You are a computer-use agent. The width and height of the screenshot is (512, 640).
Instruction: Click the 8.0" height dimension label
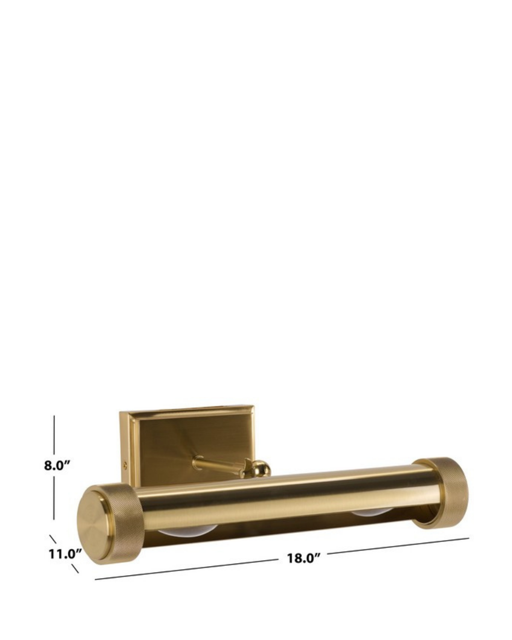click(57, 465)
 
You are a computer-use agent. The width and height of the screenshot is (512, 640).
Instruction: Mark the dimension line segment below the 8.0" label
click(54, 497)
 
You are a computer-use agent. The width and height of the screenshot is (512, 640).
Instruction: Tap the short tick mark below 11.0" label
click(75, 569)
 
